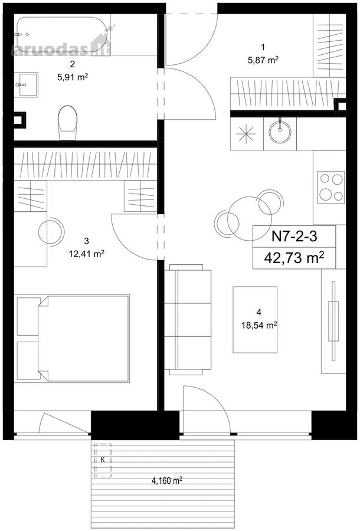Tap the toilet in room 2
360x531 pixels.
point(68,123)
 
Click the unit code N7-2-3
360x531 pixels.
point(294,236)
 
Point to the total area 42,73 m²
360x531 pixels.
point(294,258)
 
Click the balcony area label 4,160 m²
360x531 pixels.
point(167,480)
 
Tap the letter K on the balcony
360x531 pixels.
point(103,460)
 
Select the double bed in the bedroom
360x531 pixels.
point(73,339)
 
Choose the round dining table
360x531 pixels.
point(249,219)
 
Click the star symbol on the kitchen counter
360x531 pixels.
point(247,134)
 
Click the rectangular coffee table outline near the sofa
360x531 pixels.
point(255,320)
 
